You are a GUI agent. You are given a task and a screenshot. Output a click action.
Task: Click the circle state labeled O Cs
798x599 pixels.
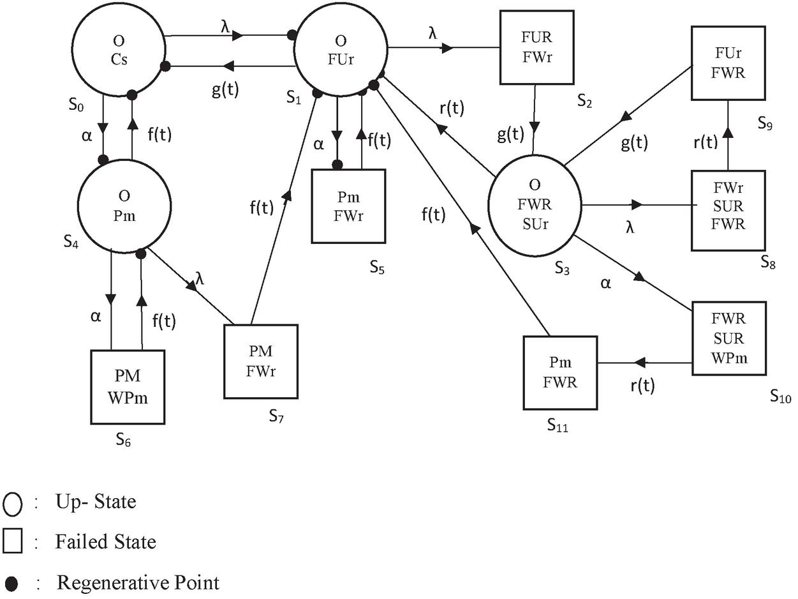pyautogui.click(x=119, y=51)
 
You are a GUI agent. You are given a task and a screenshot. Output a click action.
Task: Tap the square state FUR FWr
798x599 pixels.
pyautogui.click(x=536, y=47)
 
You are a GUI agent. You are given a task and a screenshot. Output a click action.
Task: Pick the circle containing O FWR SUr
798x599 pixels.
pyautogui.click(x=535, y=205)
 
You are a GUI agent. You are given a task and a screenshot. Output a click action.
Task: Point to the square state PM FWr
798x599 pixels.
pyautogui.click(x=260, y=361)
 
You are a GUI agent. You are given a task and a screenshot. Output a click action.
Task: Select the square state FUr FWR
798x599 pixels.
pyautogui.click(x=728, y=63)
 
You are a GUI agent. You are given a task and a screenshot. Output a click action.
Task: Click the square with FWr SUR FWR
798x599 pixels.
pyautogui.click(x=728, y=210)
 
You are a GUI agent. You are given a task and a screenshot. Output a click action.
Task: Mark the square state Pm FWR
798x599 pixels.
pyautogui.click(x=561, y=372)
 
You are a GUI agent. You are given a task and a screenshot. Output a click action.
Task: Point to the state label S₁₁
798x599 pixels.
pyautogui.click(x=558, y=425)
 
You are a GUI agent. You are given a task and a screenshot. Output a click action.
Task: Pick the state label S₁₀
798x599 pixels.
pyautogui.click(x=780, y=397)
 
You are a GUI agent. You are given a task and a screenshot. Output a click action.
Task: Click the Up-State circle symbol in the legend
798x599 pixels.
pyautogui.click(x=13, y=504)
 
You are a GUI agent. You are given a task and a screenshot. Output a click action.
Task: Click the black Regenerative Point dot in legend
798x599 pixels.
pyautogui.click(x=11, y=582)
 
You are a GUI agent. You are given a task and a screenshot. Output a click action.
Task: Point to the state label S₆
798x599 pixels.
pyautogui.click(x=124, y=439)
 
